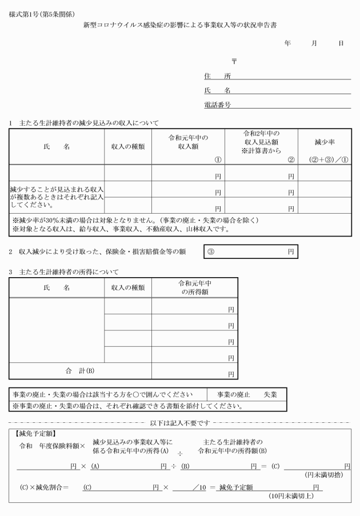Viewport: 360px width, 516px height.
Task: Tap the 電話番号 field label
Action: pyautogui.click(x=217, y=105)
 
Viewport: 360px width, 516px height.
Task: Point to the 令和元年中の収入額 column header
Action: pyautogui.click(x=187, y=142)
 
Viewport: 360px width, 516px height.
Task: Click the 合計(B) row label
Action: pyautogui.click(x=80, y=370)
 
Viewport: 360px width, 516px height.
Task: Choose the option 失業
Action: pyautogui.click(x=270, y=395)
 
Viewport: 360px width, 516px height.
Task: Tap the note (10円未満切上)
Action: pyautogui.click(x=291, y=496)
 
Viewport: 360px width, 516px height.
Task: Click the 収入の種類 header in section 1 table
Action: pyautogui.click(x=128, y=146)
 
